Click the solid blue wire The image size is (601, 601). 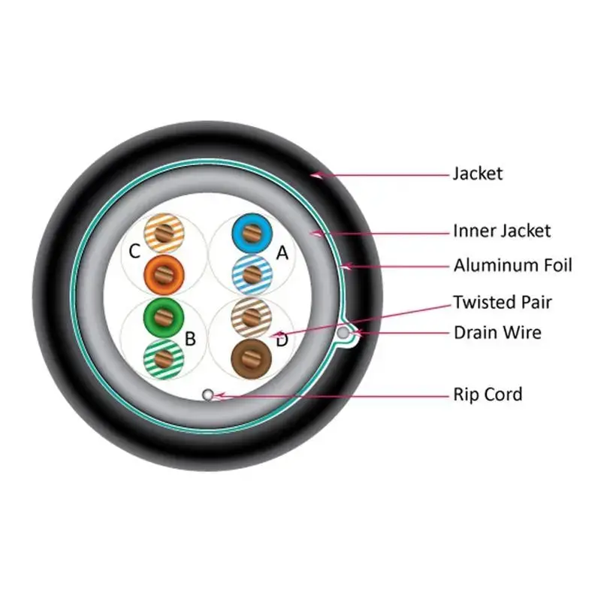coord(252,233)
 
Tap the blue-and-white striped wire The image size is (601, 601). coord(252,274)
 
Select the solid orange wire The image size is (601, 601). coord(164,274)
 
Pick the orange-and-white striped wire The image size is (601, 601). coord(164,233)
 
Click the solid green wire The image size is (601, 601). coord(164,318)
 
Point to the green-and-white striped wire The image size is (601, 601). coord(164,359)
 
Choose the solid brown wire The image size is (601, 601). coord(252,359)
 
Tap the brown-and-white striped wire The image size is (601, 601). coord(252,318)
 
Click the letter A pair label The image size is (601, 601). coord(282,252)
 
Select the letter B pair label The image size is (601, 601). coord(190,339)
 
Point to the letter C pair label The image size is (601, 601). coord(134,252)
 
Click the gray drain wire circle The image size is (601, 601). coord(343,333)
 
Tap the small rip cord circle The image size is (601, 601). coord(208,394)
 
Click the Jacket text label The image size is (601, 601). coord(478,174)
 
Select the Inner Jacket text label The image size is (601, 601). coord(502,231)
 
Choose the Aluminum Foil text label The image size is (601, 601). coord(512,265)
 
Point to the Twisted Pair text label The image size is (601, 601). coord(503,302)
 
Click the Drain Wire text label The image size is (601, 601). coord(497,333)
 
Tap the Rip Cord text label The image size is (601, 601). coord(488,394)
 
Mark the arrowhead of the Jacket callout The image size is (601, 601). coord(316,176)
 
